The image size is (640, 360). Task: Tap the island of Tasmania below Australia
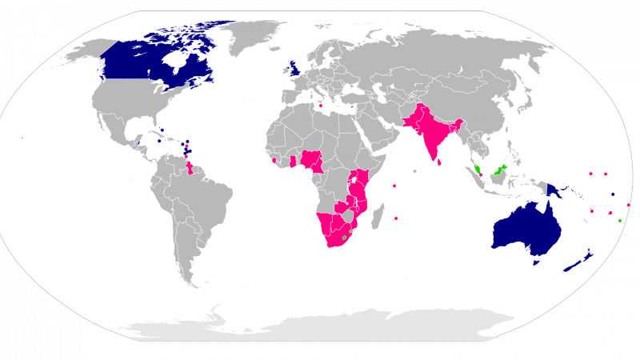tap(537, 262)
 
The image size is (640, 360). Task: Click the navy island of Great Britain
tap(295, 68)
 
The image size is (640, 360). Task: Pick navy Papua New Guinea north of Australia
tap(553, 189)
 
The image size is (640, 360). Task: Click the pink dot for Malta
tap(321, 106)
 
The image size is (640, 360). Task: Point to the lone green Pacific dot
tap(620, 220)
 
